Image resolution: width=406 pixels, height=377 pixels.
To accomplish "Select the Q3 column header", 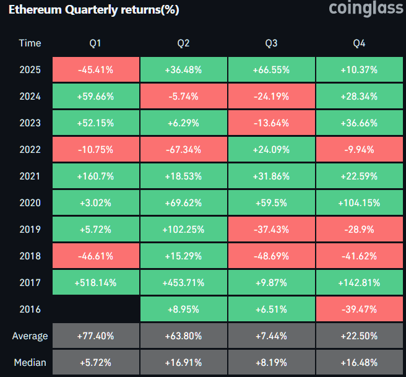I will [271, 43].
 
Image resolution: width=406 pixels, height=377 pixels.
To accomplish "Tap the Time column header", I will [30, 43].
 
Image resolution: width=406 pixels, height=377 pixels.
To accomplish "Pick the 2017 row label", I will [30, 282].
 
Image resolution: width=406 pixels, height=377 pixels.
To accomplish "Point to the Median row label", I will [30, 362].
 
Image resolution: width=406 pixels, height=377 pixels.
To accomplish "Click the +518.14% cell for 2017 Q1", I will [95, 282].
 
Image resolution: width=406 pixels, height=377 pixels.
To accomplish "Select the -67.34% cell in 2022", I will [183, 149].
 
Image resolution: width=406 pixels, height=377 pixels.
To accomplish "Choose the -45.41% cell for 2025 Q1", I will [95, 69].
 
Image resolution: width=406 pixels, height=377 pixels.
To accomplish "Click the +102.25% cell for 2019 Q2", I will [183, 229].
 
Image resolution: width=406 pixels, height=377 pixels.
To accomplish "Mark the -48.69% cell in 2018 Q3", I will [271, 256].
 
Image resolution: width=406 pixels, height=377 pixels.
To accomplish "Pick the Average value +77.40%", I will [95, 336].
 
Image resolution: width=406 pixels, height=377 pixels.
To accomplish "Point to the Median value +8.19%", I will [271, 362].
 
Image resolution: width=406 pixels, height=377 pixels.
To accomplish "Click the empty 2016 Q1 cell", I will [95, 309].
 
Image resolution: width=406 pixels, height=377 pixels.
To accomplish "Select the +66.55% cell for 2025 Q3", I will [271, 69].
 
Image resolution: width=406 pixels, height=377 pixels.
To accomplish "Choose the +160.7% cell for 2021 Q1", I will [95, 176].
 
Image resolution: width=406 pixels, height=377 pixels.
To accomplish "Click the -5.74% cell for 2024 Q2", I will [183, 96].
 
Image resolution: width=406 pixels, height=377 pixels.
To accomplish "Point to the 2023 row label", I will [30, 123].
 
